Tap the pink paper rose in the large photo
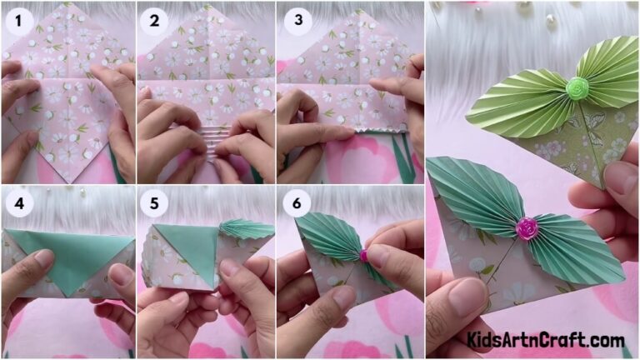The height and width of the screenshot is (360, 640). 527,227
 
